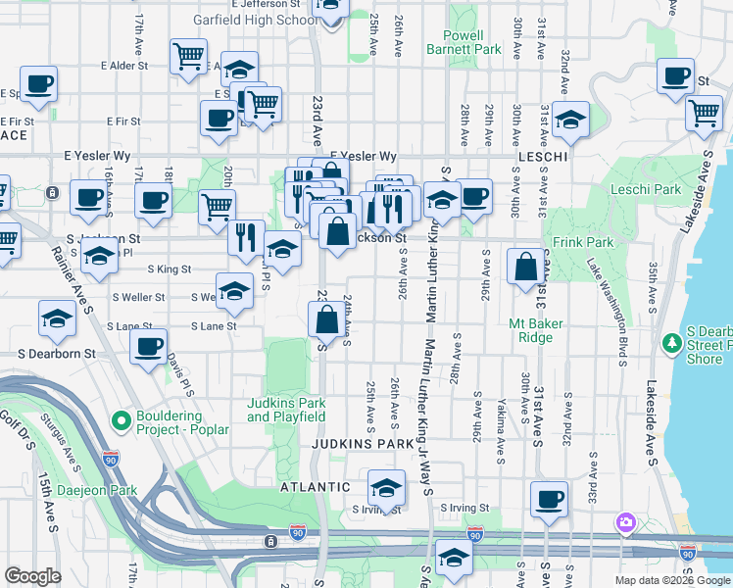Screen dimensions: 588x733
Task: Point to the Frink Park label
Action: click(587, 242)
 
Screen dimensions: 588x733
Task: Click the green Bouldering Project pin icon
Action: click(122, 422)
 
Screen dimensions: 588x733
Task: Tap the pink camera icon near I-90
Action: click(625, 522)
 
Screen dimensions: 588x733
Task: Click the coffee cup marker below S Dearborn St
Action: click(149, 349)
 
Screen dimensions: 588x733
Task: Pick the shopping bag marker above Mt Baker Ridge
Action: click(525, 266)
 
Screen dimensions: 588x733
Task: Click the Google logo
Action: click(32, 576)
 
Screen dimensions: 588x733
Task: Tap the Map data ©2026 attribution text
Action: click(649, 579)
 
